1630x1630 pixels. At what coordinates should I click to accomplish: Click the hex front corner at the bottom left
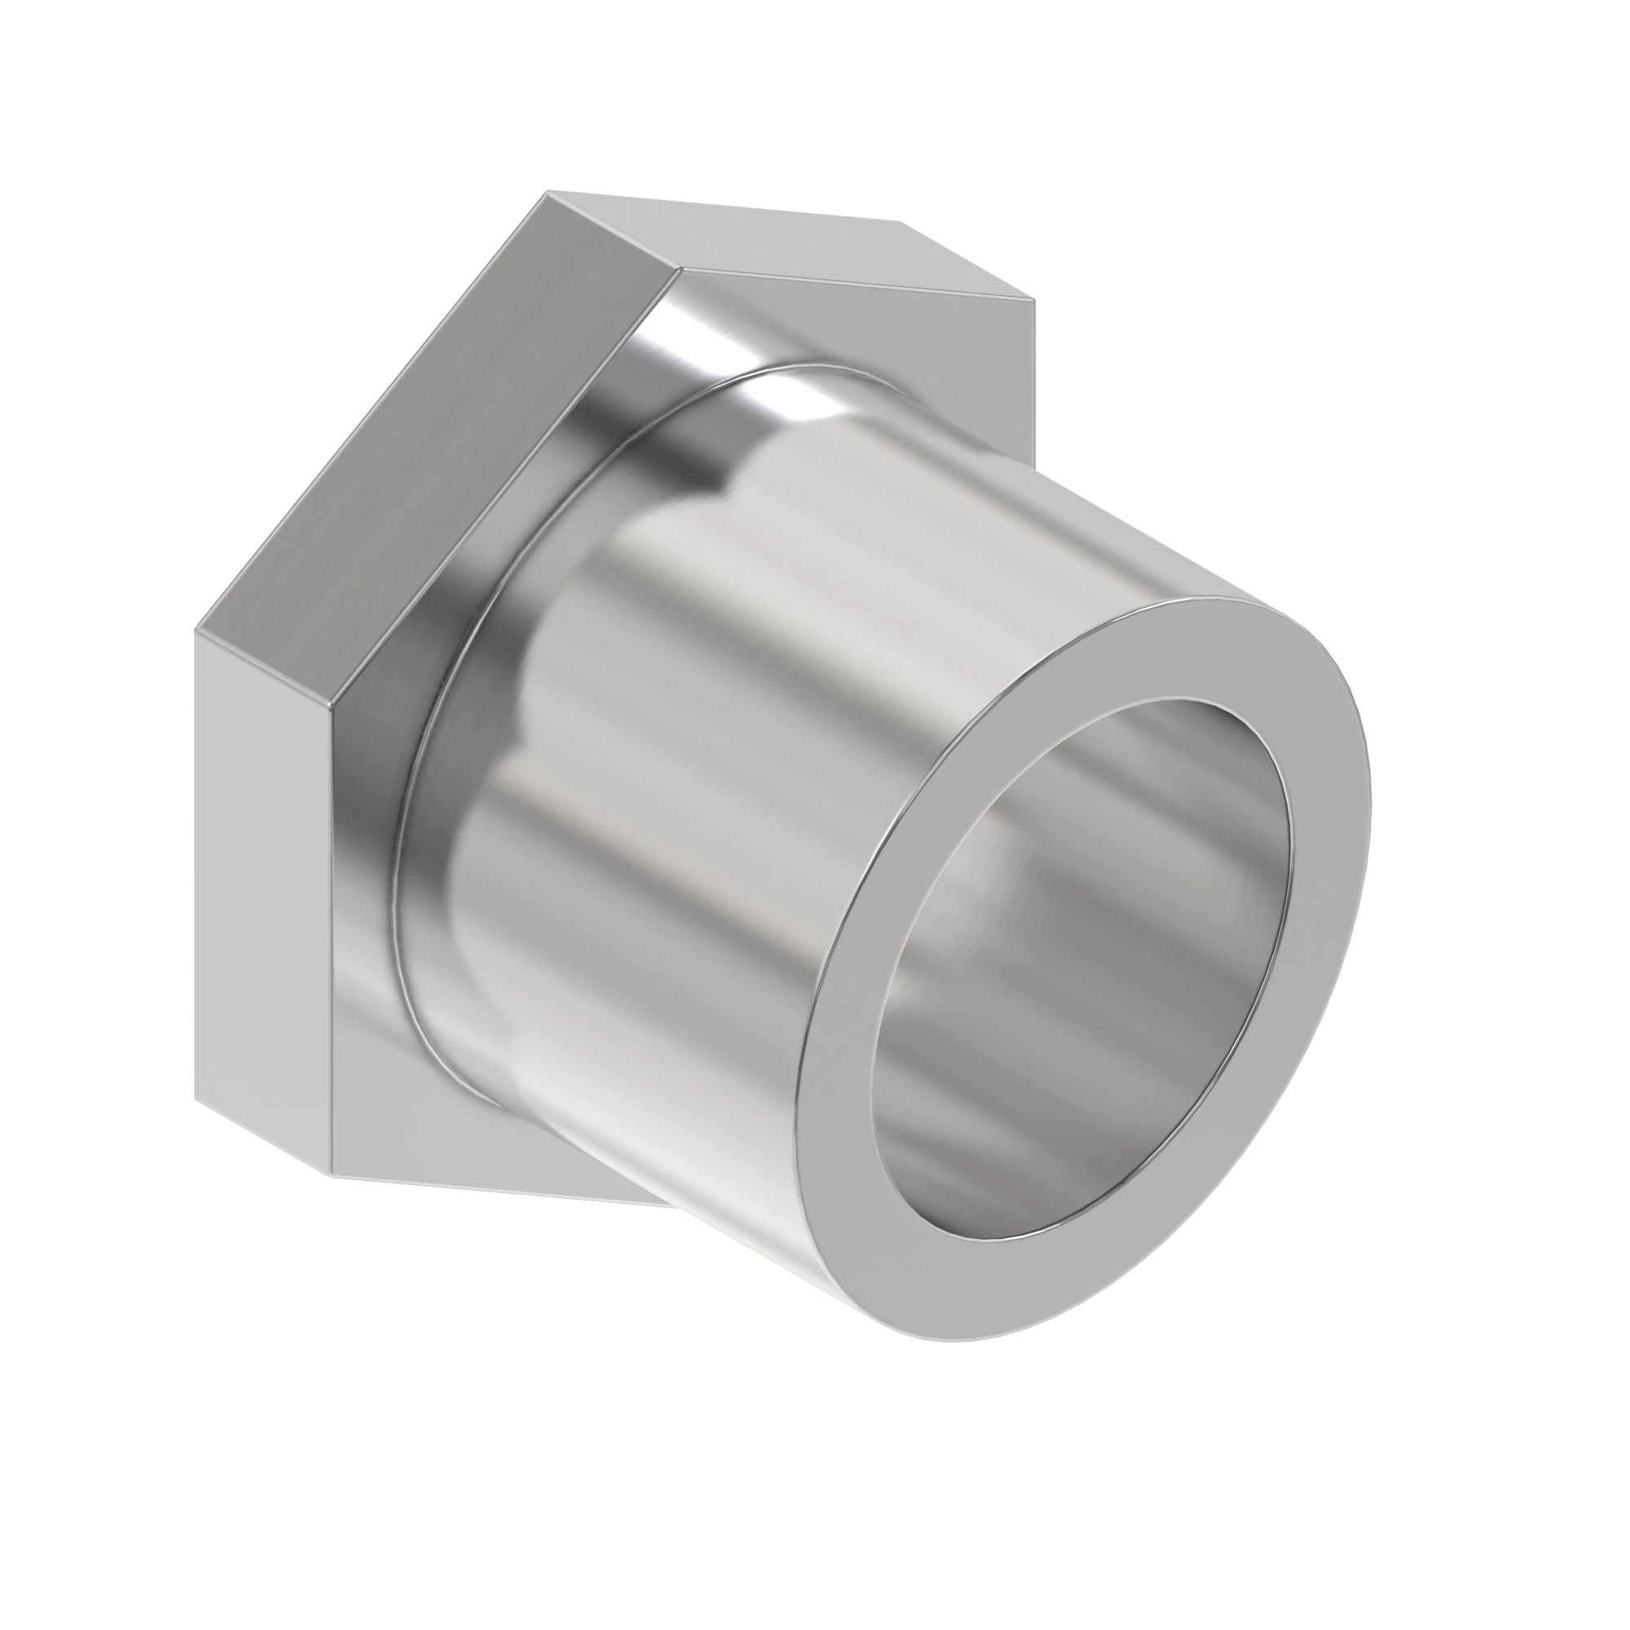[x=331, y=1174]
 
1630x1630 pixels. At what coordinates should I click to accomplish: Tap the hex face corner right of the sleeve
[x=1031, y=456]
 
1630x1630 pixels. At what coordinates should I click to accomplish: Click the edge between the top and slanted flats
[x=615, y=230]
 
